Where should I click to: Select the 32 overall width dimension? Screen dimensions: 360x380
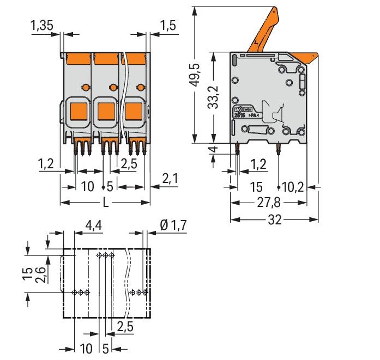274,220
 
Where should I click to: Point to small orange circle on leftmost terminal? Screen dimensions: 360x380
85,87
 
